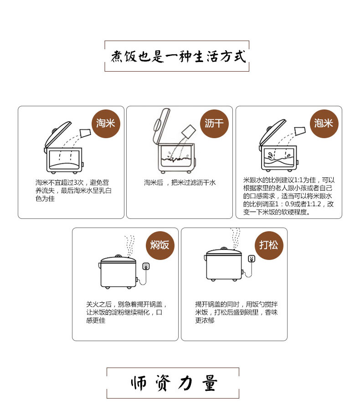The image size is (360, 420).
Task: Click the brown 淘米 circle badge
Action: [x=106, y=124]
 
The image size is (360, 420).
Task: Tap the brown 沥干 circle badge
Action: [x=214, y=124]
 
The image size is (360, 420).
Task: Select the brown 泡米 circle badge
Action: [x=324, y=124]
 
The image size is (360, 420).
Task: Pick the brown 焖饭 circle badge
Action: [x=160, y=245]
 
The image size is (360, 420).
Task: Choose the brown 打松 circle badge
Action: [x=269, y=245]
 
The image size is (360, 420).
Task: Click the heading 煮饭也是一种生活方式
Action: [x=178, y=57]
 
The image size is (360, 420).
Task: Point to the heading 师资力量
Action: [x=174, y=383]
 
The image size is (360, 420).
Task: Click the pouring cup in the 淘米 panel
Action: [x=85, y=133]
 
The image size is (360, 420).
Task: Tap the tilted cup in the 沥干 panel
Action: [x=189, y=131]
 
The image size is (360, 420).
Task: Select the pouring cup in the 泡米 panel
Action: [x=300, y=131]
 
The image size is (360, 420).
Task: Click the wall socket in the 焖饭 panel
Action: [x=146, y=266]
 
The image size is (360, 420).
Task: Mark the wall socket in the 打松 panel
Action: [x=252, y=259]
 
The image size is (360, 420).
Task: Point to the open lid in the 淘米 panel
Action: [x=58, y=134]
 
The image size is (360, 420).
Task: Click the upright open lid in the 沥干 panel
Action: [x=161, y=125]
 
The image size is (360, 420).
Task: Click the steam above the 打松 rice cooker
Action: [x=235, y=238]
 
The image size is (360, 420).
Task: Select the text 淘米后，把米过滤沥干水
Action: [x=180, y=183]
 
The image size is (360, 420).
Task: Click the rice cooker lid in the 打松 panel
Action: [x=224, y=252]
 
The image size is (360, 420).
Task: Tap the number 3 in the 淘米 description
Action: [x=75, y=183]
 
